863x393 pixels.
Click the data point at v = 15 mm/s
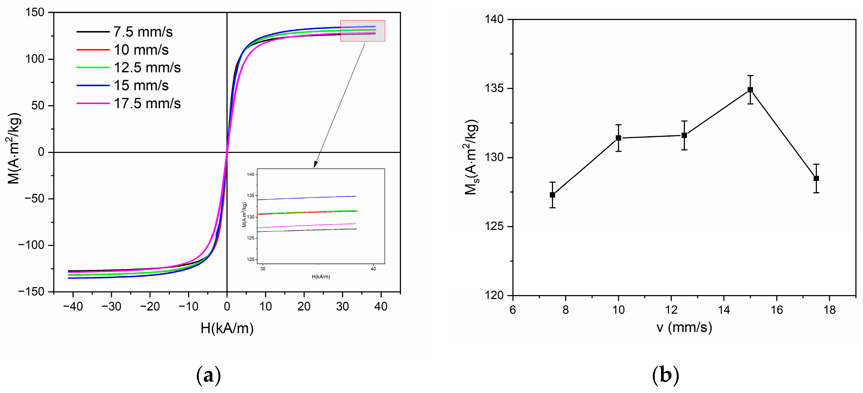pyautogui.click(x=750, y=90)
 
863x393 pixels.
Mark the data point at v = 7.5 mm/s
pyautogui.click(x=552, y=195)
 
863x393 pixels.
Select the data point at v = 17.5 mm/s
pyautogui.click(x=816, y=178)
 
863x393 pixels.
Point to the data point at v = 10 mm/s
pyautogui.click(x=618, y=138)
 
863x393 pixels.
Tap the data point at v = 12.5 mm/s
pyautogui.click(x=684, y=135)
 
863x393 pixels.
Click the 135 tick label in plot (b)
pyautogui.click(x=494, y=88)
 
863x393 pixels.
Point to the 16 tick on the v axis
pyautogui.click(x=776, y=310)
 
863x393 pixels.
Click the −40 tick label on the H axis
pyautogui.click(x=73, y=306)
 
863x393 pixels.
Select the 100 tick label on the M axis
pyautogui.click(x=35, y=59)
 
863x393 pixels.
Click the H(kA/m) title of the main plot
pyautogui.click(x=227, y=328)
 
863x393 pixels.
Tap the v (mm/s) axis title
pyautogui.click(x=684, y=327)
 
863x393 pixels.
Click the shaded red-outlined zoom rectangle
pyautogui.click(x=362, y=31)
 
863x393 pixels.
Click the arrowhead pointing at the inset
pyautogui.click(x=315, y=164)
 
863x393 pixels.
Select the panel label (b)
pyautogui.click(x=665, y=376)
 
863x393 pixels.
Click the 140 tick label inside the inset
pyautogui.click(x=251, y=174)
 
